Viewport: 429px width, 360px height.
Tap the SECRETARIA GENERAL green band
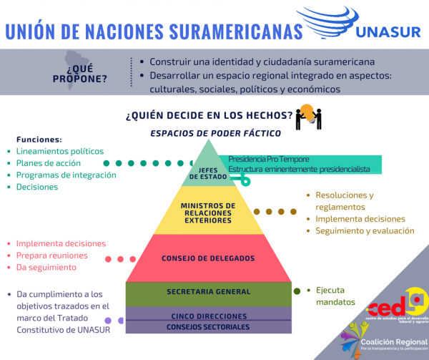coord(208,292)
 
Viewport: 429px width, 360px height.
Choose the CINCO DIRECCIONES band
coord(208,316)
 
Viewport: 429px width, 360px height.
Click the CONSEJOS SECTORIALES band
coord(208,327)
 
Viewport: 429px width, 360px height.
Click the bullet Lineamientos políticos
coord(60,151)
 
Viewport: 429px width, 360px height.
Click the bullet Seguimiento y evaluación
coord(365,230)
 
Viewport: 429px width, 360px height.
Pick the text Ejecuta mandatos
coord(335,296)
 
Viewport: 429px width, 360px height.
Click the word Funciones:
coord(39,139)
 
